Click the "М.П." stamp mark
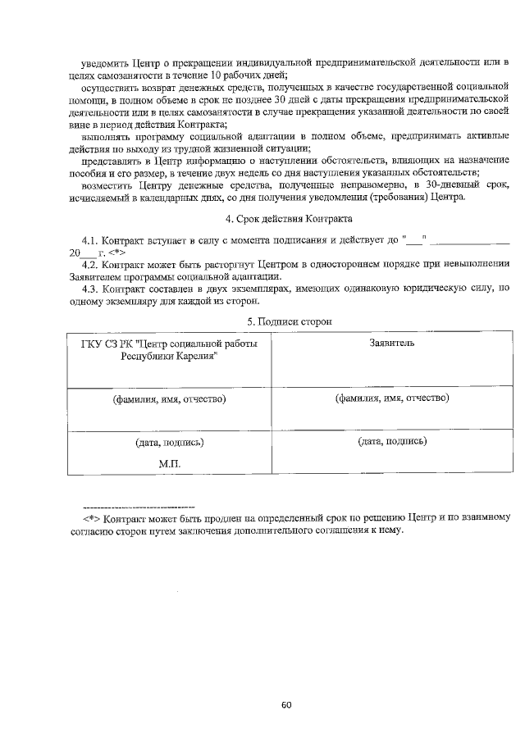click(169, 462)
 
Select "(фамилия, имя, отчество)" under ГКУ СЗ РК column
click(169, 399)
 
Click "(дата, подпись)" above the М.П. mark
click(169, 442)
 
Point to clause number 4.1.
click(89, 241)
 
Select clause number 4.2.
click(89, 264)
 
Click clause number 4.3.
click(89, 288)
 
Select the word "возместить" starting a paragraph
click(107, 185)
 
